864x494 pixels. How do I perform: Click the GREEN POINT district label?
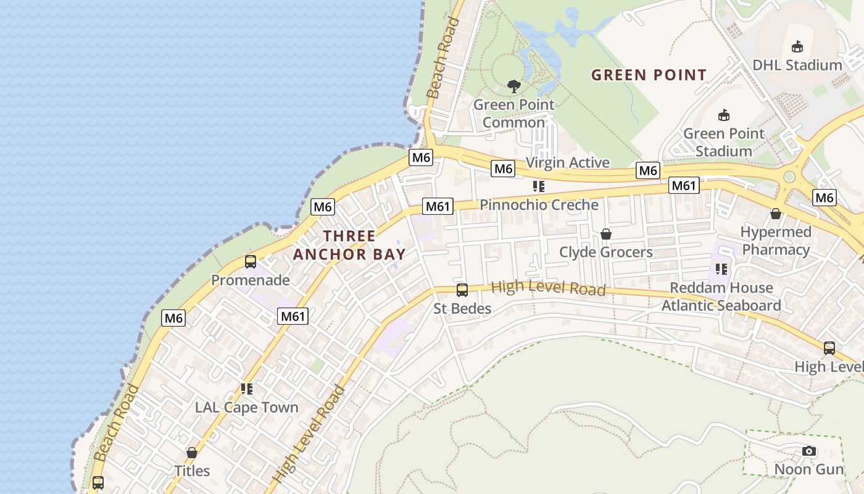[649, 75]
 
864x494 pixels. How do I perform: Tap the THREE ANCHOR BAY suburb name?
[349, 245]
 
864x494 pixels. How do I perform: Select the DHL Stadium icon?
[797, 46]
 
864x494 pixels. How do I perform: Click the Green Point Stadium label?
[723, 142]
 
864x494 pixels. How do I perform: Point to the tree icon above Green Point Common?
[513, 86]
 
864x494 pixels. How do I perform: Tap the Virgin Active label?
[567, 163]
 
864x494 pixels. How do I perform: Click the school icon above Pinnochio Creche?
[539, 186]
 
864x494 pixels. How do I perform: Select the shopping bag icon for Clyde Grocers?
[606, 234]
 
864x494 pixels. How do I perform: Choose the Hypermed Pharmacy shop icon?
[776, 214]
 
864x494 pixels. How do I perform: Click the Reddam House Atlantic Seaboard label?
[721, 296]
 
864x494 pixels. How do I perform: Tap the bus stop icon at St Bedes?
[462, 290]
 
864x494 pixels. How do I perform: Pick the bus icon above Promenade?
[250, 261]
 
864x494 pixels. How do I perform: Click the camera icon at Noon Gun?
[809, 451]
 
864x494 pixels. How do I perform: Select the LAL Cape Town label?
[246, 408]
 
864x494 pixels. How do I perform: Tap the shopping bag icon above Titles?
[192, 453]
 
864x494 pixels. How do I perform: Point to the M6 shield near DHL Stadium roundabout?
[824, 198]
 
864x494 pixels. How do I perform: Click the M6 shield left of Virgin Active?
[503, 169]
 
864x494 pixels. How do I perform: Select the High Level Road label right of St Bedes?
[548, 288]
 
